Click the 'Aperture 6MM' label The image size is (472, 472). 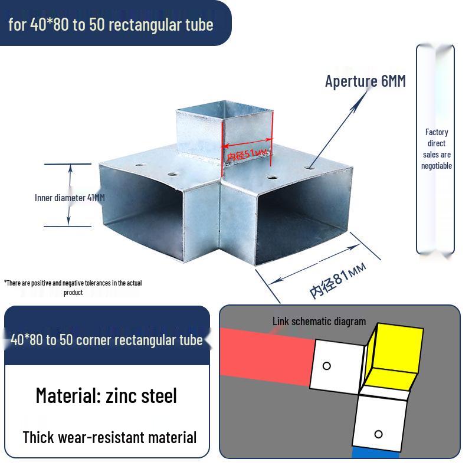tap(365, 81)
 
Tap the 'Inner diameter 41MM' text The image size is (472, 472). tap(70, 198)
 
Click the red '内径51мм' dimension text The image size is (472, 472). tap(247, 155)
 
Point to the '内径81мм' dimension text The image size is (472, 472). tap(337, 281)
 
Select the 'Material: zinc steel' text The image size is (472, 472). tap(106, 395)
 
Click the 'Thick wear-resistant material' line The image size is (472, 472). tap(110, 437)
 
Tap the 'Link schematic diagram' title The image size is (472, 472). tap(319, 322)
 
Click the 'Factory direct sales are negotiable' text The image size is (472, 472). tap(437, 149)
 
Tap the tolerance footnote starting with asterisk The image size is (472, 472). tap(73, 287)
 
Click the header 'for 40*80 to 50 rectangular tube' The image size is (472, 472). tap(111, 25)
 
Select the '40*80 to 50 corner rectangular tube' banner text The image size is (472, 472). tap(107, 340)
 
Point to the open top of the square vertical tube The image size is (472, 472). tap(224, 109)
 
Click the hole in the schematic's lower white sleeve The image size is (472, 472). tap(378, 434)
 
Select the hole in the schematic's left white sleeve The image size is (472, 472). tap(327, 366)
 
